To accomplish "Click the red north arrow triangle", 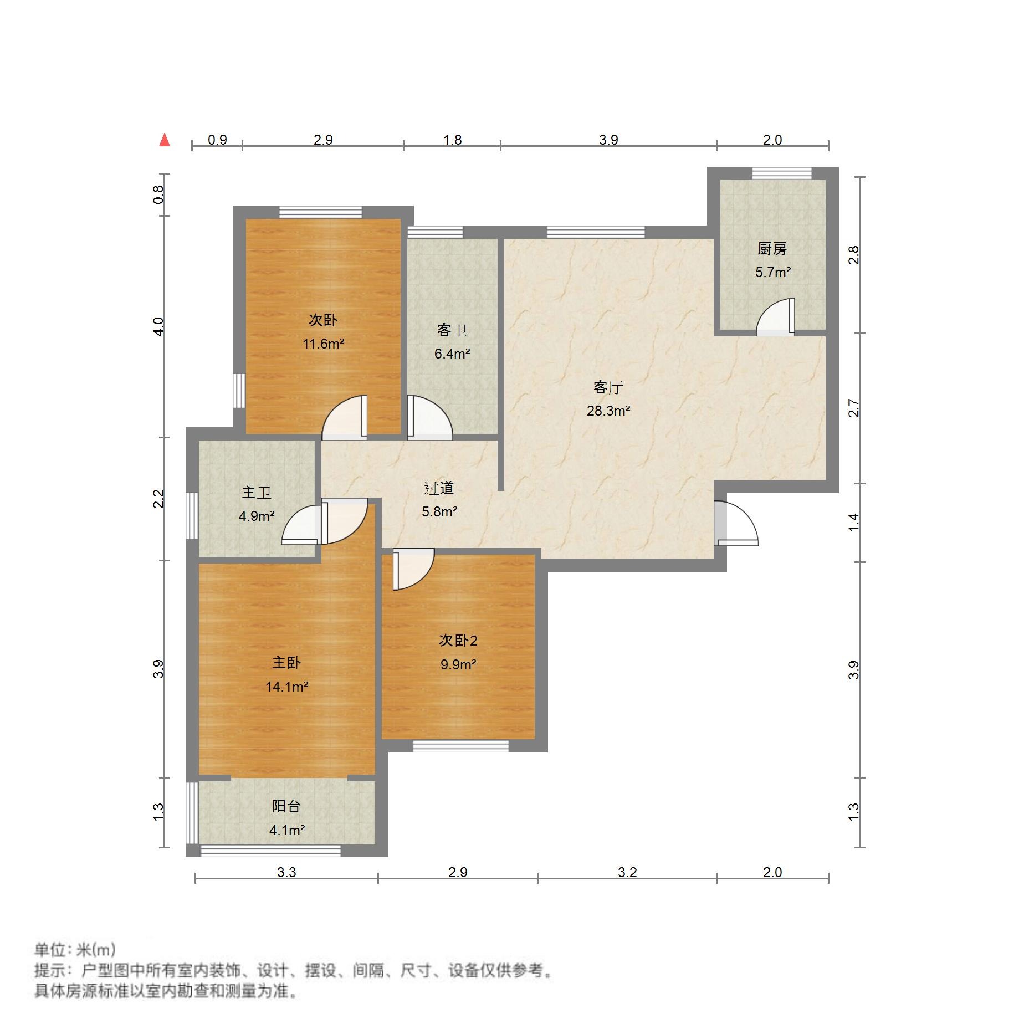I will coord(165,140).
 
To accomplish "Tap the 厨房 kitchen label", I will coord(772,249).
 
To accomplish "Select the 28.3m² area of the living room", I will coord(608,411).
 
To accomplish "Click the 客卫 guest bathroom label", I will coord(452,330).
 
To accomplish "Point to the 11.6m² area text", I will coord(324,344).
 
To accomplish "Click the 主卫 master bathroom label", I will coord(256,492).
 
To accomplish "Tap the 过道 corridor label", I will coord(439,488).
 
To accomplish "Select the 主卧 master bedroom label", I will coord(286,662).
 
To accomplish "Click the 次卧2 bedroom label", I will coord(458,640).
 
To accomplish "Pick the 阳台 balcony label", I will coord(286,806).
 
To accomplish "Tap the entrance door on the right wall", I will coord(735,524).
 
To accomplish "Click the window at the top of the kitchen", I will coord(781,173).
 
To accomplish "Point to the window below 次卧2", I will coord(460,746).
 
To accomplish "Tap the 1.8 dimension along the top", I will coord(452,140).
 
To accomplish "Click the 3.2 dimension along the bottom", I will coord(627,872).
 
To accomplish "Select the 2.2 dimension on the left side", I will coord(159,499).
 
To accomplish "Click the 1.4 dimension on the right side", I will coord(854,522).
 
